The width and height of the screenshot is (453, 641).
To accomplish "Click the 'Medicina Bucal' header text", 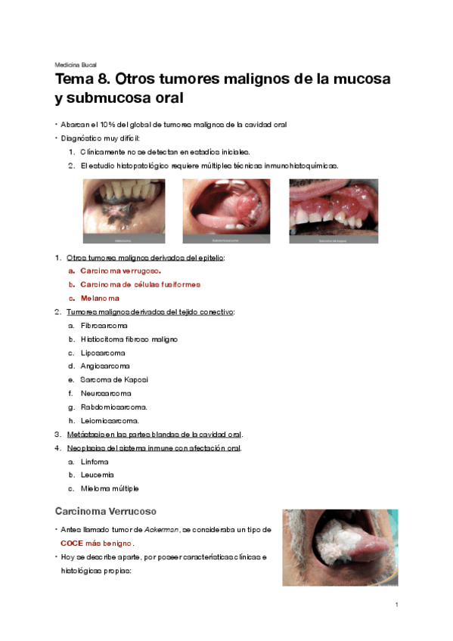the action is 76,64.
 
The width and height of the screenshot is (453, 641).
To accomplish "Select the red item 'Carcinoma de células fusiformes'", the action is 140,284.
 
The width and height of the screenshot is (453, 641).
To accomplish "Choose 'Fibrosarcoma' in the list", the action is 104,326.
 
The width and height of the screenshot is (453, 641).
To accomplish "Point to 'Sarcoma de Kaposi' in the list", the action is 114,379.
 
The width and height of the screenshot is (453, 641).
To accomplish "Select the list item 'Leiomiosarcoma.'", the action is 109,420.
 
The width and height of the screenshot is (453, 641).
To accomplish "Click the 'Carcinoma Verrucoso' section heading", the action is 105,512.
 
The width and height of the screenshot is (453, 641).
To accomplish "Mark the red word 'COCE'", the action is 71,543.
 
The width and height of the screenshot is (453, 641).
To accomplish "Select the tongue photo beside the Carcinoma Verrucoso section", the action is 339,547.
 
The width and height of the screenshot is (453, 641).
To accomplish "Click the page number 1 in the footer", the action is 396,605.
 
